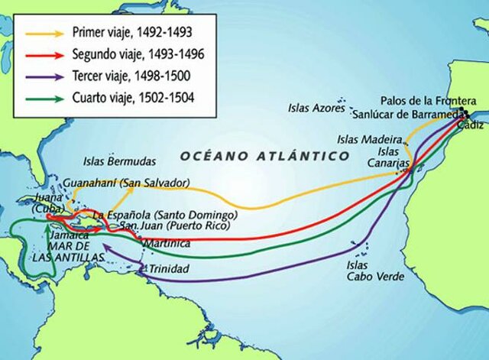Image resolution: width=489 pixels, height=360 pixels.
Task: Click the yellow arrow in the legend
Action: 45,34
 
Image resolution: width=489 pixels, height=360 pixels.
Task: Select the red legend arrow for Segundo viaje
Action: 45,55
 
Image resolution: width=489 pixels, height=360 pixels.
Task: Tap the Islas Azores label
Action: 316,108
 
